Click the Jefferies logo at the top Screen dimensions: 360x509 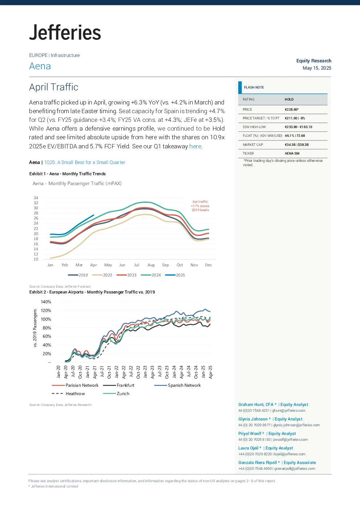tap(65, 32)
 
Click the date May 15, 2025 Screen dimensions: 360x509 tap(317, 68)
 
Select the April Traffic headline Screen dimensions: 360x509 tap(54, 87)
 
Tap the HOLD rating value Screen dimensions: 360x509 tap(289, 99)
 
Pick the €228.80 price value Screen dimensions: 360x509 tap(291, 109)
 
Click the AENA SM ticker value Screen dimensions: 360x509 tap(292, 153)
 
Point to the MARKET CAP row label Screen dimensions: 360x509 tap(253, 144)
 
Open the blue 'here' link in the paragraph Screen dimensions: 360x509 tap(195, 146)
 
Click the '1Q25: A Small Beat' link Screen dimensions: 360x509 tap(85, 162)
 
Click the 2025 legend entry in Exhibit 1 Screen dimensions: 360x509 tap(175, 275)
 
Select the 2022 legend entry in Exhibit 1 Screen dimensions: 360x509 tap(102, 275)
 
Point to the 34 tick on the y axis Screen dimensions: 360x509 tap(36, 198)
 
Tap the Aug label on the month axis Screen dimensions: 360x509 tap(151, 265)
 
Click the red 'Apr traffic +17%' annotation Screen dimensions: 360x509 tap(200, 206)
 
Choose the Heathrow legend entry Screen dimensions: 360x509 tap(69, 394)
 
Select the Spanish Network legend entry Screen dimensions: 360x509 tap(177, 385)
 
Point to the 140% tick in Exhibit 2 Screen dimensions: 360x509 tap(46, 302)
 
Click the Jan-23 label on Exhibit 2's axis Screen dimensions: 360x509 tap(145, 372)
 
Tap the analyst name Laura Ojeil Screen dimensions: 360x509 tap(248, 448)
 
